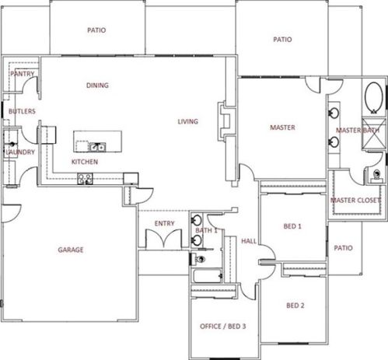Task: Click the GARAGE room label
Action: (71, 250)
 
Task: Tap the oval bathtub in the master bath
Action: (373, 98)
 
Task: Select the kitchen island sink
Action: (97, 147)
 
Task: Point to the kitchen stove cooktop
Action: (85, 179)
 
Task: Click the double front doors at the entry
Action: (163, 238)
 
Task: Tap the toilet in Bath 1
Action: (199, 259)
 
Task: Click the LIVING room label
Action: (188, 121)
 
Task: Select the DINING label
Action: (97, 86)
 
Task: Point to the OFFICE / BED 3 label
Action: (223, 326)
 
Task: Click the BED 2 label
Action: (295, 306)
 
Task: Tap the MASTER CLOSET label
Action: (356, 200)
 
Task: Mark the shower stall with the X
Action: (373, 134)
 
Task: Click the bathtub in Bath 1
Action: (207, 276)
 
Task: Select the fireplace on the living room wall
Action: (224, 121)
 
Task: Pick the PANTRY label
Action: (23, 74)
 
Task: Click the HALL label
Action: (249, 241)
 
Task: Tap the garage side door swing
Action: (11, 214)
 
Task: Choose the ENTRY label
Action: (165, 223)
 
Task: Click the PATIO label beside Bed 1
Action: (343, 248)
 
